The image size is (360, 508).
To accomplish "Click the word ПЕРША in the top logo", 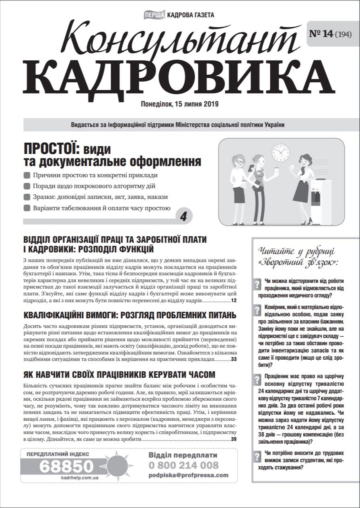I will [154, 15].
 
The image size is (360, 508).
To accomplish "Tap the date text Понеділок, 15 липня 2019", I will [179, 104].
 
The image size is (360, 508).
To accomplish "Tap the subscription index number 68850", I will [66, 466].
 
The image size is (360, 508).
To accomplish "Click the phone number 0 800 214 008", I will [183, 465].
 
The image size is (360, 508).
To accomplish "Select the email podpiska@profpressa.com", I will [188, 475].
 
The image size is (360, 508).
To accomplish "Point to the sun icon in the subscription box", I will [120, 465].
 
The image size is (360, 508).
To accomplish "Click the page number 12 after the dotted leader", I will [234, 301].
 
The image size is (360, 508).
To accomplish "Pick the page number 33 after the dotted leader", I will [234, 359].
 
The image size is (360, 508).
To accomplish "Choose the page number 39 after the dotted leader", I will [234, 439].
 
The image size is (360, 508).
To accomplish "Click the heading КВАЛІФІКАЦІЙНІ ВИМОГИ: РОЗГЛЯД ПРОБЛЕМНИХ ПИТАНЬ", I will [130, 315].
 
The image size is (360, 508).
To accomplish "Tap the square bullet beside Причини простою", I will [27, 175].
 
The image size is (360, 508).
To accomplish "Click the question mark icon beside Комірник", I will [257, 310].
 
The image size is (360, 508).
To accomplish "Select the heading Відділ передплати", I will [183, 455].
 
